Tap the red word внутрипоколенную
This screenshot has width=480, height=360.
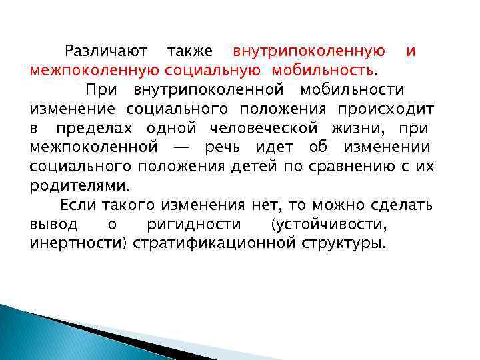point(309,51)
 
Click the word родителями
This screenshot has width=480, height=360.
point(80,185)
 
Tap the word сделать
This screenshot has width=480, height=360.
point(402,204)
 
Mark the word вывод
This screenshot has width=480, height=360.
point(53,223)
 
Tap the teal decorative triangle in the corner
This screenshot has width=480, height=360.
point(40,333)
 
